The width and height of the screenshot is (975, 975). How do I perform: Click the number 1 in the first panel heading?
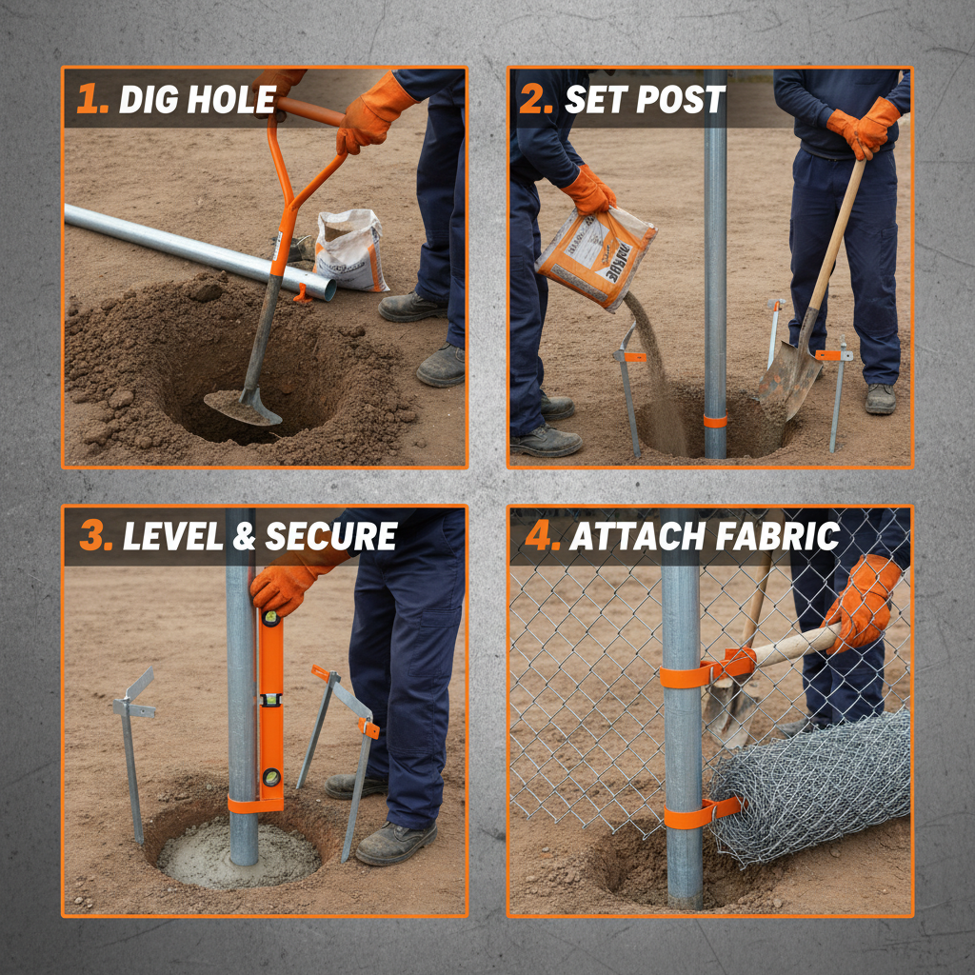[92, 99]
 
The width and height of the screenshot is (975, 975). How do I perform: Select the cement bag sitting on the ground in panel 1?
[350, 249]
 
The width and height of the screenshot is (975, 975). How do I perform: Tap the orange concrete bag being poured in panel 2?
[595, 257]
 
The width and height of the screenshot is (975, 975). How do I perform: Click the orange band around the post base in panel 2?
[714, 421]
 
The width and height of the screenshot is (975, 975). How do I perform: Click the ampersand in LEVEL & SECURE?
[245, 537]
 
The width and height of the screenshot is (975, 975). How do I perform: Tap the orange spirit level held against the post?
[270, 705]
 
